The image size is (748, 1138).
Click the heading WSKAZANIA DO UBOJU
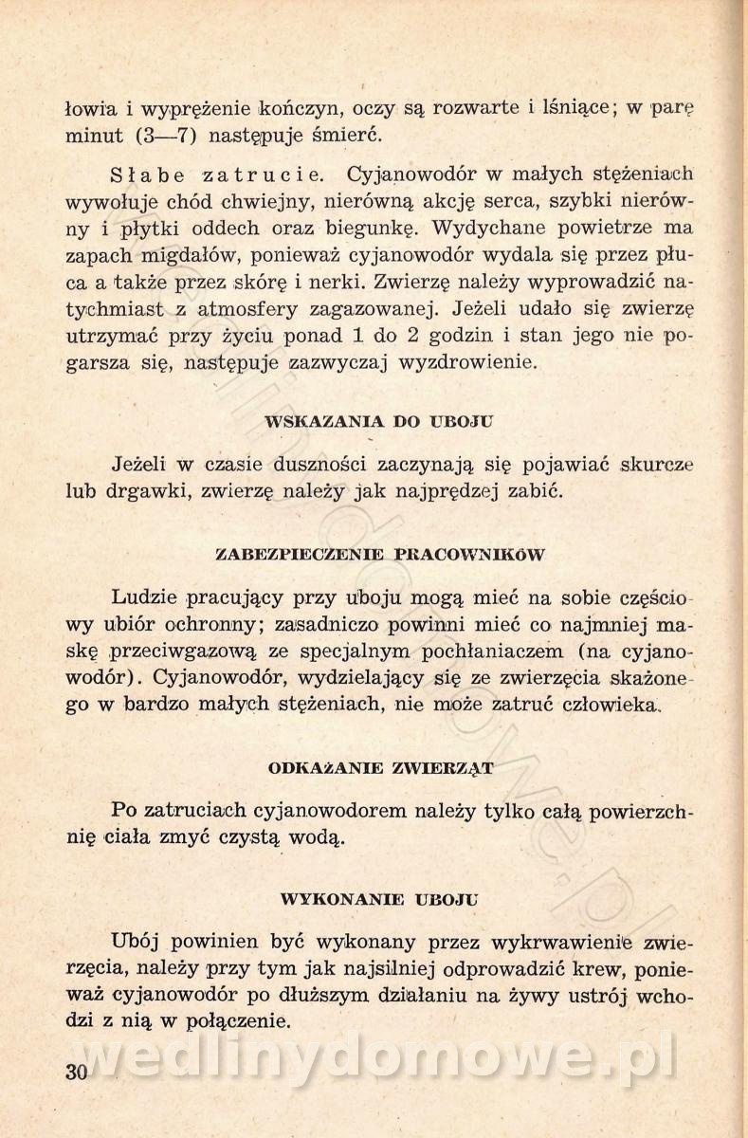pos(379,422)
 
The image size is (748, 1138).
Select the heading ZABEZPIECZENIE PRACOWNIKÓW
pos(380,554)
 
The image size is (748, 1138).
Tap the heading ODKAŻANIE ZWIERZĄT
pos(380,767)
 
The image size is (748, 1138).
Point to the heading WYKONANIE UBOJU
pos(380,898)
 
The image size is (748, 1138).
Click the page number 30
pos(78,1072)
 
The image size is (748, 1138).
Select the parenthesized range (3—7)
pos(166,135)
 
